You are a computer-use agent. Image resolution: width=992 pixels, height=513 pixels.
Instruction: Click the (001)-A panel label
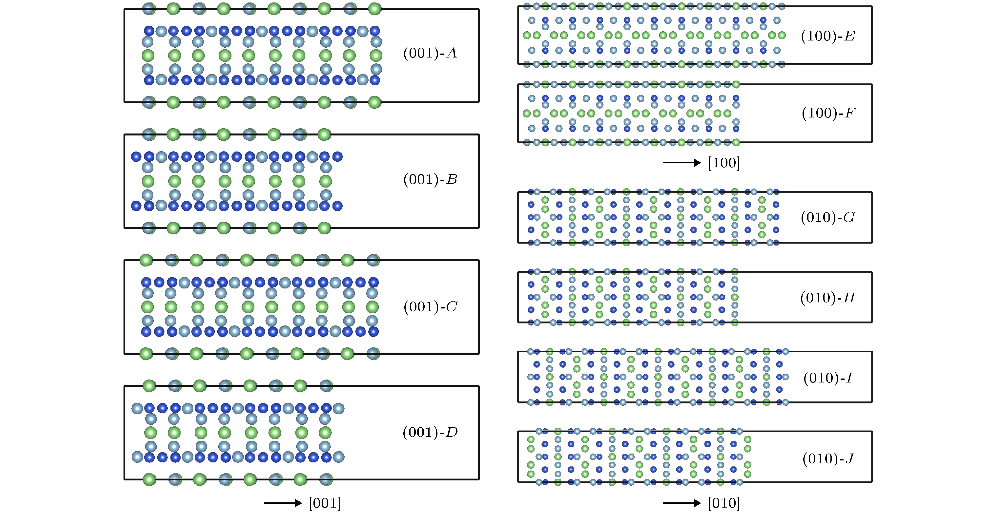(430, 53)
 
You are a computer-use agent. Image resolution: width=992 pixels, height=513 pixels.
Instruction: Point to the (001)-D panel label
(430, 433)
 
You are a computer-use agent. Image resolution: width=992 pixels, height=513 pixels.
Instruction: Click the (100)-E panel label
(827, 36)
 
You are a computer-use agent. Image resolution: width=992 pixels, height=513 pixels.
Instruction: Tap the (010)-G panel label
(827, 218)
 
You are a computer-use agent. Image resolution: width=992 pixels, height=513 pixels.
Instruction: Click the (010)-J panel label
(827, 459)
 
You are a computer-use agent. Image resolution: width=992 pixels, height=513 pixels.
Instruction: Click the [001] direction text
(325, 503)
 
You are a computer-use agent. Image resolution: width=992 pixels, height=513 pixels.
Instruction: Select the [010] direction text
(723, 503)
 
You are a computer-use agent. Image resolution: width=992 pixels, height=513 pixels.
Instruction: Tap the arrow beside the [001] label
(283, 503)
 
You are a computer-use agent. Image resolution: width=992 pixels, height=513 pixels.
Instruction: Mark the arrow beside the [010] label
(682, 503)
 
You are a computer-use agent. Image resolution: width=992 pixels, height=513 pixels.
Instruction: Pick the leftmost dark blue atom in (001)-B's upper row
(136, 156)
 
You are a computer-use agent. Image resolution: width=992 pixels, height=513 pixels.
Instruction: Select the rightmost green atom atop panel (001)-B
(325, 134)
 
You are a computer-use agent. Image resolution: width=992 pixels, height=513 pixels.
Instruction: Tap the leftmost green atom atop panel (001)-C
(146, 260)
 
